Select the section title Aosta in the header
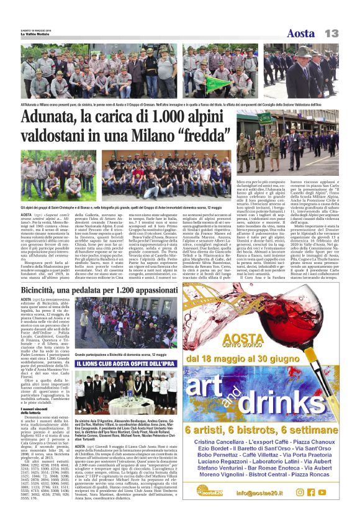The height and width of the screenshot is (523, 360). [301, 33]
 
